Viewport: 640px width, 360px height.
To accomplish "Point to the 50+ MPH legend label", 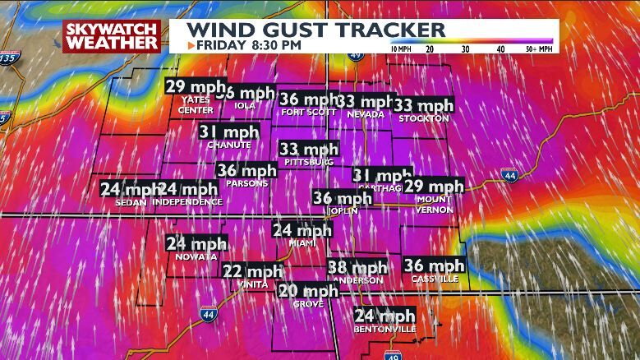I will [x=538, y=48].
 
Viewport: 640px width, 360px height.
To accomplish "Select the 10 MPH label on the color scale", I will [x=400, y=48].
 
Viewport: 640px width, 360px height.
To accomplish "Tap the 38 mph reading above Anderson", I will [x=357, y=268].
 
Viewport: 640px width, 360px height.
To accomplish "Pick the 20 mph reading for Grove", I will [x=308, y=291].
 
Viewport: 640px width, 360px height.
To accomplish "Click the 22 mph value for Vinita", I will [x=253, y=272].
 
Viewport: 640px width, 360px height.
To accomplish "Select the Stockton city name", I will [x=424, y=118].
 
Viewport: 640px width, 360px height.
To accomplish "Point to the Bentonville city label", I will [x=384, y=329].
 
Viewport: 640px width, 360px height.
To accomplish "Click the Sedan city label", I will [x=131, y=201].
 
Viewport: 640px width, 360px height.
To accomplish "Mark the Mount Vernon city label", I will [x=434, y=205].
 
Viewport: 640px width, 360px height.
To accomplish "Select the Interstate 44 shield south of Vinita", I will [x=208, y=313].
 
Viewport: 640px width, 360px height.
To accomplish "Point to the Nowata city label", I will [x=196, y=256].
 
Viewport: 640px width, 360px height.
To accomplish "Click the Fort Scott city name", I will [x=306, y=113].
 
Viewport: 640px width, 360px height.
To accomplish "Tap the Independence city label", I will [x=188, y=201].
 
